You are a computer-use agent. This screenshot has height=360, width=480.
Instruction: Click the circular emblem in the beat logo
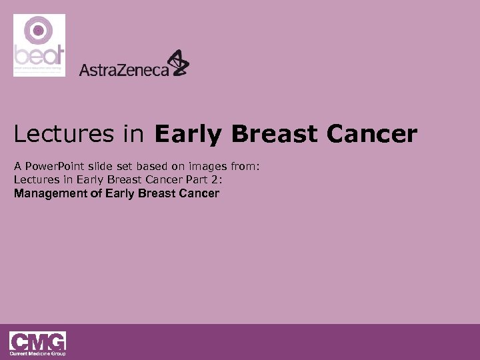pos(39,31)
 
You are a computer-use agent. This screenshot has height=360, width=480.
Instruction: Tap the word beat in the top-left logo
pos(39,55)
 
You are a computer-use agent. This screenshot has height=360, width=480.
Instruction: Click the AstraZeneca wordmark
pos(124,69)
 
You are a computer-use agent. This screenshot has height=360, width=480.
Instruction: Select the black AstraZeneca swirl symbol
pos(178,63)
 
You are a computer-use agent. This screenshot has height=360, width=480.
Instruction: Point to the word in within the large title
pos(132,134)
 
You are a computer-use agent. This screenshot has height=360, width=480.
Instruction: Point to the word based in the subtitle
pos(158,167)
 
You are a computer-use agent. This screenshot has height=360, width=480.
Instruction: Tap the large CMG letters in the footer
pos(37,340)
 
